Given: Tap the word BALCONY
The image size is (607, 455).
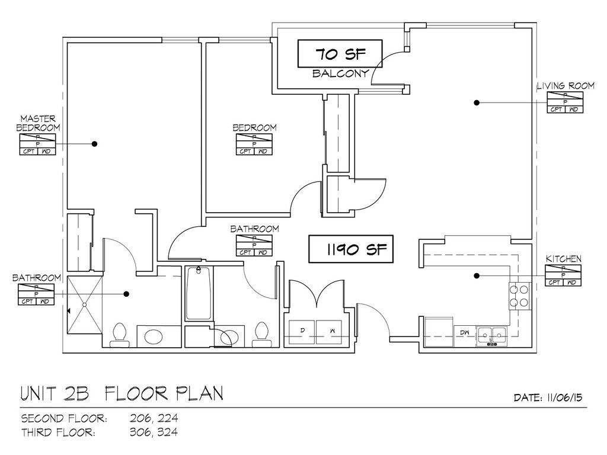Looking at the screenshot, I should pyautogui.click(x=341, y=74).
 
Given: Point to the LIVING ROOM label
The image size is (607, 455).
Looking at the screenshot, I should pyautogui.click(x=565, y=86).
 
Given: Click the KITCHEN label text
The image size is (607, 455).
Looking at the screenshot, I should pyautogui.click(x=563, y=259).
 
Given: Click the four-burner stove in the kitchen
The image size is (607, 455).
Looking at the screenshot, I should pyautogui.click(x=519, y=296).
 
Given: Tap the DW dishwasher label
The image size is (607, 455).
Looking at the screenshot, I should pyautogui.click(x=465, y=334).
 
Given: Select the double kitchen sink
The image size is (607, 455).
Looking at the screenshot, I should pyautogui.click(x=493, y=335).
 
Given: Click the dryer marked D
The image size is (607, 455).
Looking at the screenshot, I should pyautogui.click(x=302, y=331).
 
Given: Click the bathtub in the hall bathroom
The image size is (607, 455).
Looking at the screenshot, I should pyautogui.click(x=199, y=293).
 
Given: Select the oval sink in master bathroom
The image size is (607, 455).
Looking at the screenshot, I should pyautogui.click(x=153, y=337).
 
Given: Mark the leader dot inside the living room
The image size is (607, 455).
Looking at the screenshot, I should pyautogui.click(x=476, y=102).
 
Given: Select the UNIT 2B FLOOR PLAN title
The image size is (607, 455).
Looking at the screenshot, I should pyautogui.click(x=122, y=393).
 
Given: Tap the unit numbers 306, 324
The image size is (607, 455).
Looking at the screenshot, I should pyautogui.click(x=154, y=432).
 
